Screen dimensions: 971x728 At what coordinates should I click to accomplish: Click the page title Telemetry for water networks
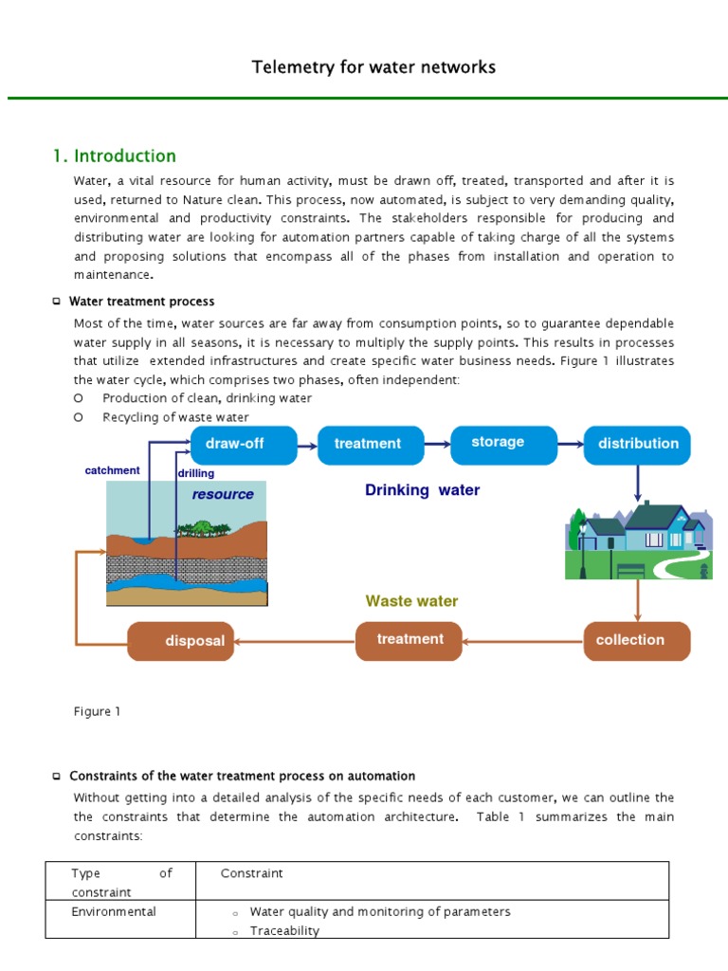pos(373,67)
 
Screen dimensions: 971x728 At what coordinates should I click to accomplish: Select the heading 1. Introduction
pos(115,156)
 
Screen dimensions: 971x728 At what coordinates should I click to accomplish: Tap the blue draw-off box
pos(244,444)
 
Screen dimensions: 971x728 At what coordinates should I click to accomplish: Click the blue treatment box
pos(369,444)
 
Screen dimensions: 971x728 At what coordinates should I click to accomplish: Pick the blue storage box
pos(498,443)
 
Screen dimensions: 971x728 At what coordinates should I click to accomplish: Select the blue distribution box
pos(638,444)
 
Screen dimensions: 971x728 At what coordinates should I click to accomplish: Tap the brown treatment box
pos(409,640)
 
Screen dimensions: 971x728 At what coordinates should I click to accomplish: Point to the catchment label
pos(112,470)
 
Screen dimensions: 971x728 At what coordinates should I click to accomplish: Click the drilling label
pos(196,473)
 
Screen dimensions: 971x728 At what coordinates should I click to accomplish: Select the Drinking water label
pos(422,490)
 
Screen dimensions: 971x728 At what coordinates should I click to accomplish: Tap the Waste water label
pos(411,601)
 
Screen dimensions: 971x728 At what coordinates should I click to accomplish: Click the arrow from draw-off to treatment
pos(306,444)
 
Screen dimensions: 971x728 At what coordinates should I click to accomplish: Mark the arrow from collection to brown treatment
pos(522,641)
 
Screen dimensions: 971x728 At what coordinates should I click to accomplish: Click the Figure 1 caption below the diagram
pos(97,711)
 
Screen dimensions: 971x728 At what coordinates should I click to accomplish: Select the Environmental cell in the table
pos(114,911)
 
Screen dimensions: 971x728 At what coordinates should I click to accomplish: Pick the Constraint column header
pos(251,873)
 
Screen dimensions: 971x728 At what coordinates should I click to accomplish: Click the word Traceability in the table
pos(284,931)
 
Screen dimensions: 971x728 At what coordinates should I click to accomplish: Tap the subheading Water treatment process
pos(141,302)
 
